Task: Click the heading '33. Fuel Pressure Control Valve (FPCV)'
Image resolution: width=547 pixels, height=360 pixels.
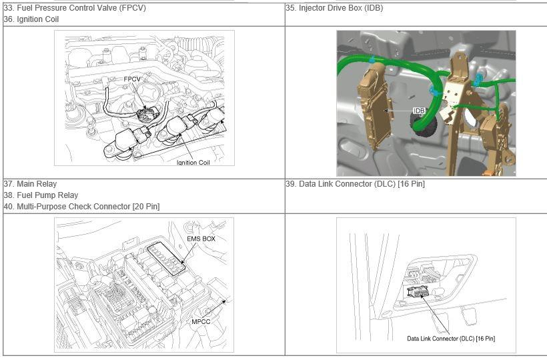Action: [x=75, y=8]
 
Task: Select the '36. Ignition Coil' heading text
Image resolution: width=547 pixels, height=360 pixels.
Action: [x=31, y=19]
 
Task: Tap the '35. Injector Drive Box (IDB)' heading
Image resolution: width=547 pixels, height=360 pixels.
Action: [x=334, y=8]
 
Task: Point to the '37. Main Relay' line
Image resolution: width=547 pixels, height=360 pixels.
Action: [x=30, y=183]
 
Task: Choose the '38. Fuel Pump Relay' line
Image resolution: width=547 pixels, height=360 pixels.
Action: [x=41, y=195]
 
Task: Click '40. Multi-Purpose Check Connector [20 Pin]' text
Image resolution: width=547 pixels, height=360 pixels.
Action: [x=81, y=207]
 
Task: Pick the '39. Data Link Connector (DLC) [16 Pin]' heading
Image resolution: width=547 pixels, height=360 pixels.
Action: [x=355, y=183]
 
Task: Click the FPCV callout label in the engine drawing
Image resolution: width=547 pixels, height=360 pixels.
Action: [x=132, y=79]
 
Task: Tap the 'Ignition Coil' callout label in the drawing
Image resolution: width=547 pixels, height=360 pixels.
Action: [x=193, y=163]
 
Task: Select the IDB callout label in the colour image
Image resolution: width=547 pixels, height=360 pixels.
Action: [x=419, y=111]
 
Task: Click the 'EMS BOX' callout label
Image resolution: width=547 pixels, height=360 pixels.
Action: [x=201, y=239]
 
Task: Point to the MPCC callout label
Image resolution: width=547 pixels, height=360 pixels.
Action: [x=201, y=321]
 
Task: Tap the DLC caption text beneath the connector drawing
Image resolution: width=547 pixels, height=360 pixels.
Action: [x=451, y=339]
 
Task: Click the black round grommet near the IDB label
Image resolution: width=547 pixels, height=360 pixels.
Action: [x=424, y=125]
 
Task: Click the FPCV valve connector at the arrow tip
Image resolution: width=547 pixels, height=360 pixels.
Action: [x=148, y=113]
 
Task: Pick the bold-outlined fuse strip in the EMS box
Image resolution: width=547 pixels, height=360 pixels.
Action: [x=166, y=259]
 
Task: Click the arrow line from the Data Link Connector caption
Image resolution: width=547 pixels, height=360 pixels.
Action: [x=435, y=315]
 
